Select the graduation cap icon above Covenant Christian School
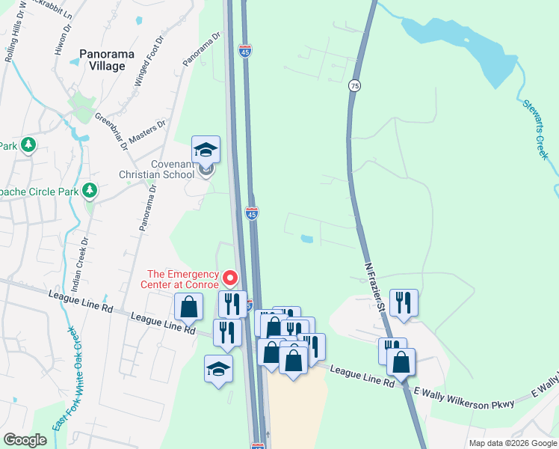pyautogui.click(x=206, y=150)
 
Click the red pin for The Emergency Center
pyautogui.click(x=231, y=278)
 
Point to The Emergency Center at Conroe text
pyautogui.click(x=182, y=279)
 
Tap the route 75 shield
pyautogui.click(x=354, y=86)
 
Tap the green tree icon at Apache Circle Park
pyautogui.click(x=90, y=192)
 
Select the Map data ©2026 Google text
pyautogui.click(x=512, y=443)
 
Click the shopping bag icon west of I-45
pyautogui.click(x=188, y=306)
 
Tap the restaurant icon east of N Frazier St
pyautogui.click(x=403, y=302)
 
